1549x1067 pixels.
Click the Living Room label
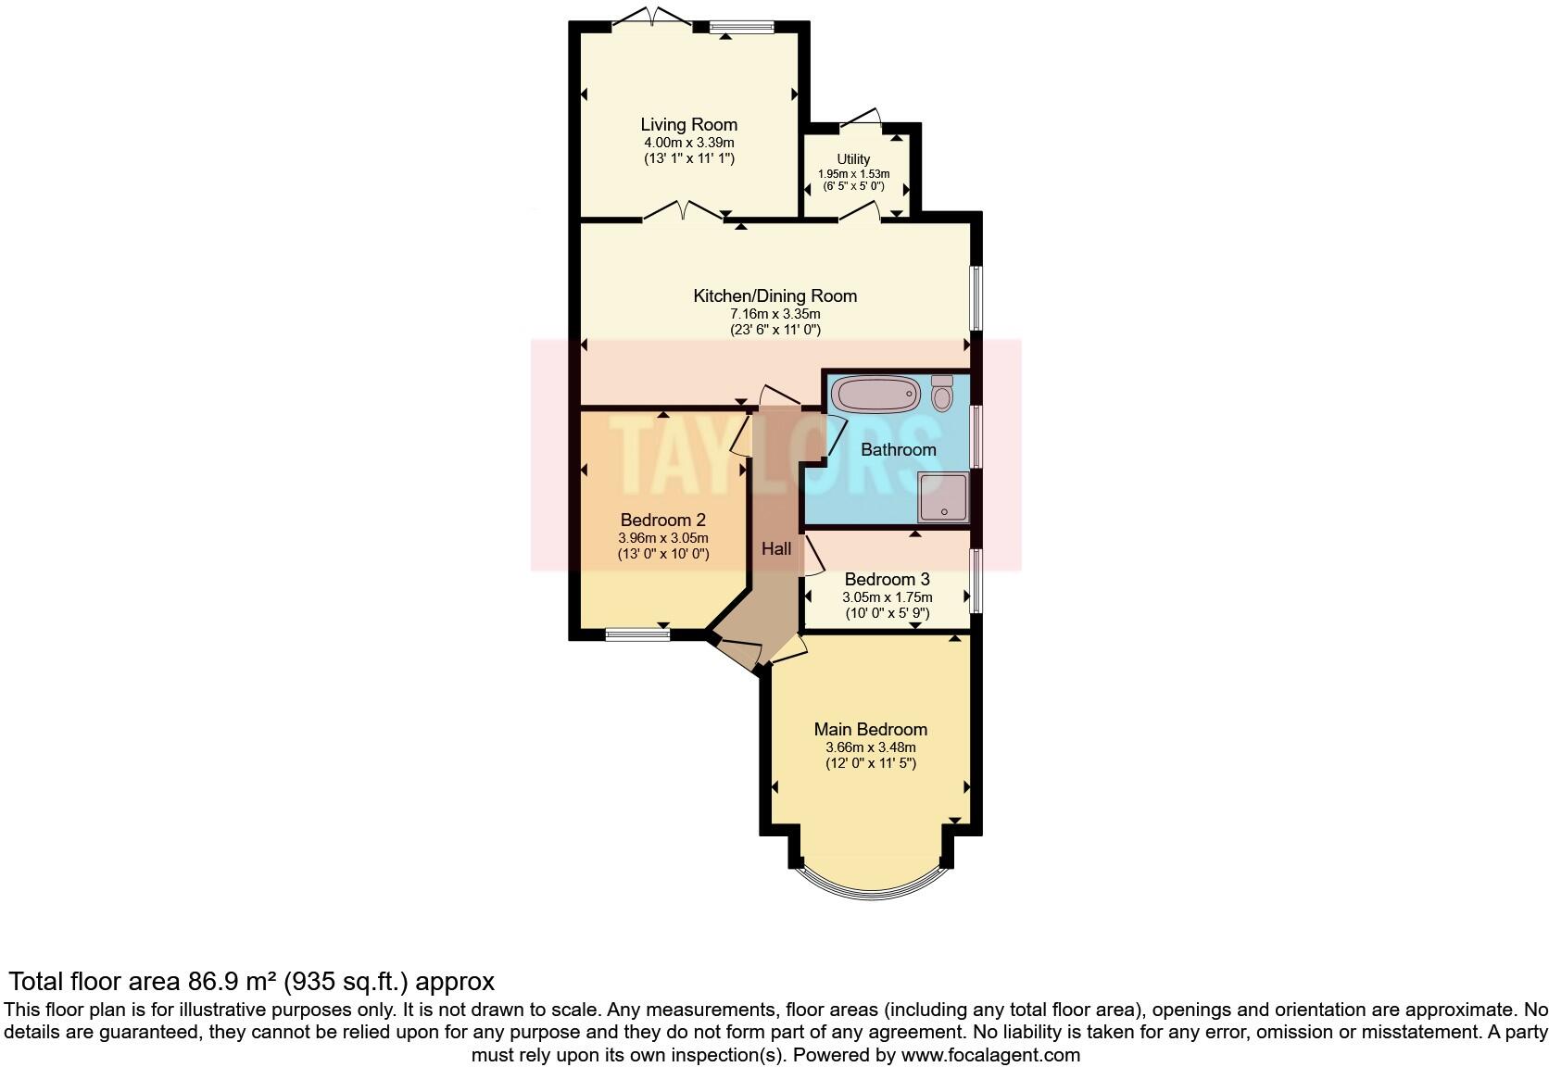click(x=688, y=124)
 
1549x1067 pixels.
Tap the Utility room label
click(x=853, y=159)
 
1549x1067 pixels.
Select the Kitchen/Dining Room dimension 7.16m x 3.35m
click(x=774, y=314)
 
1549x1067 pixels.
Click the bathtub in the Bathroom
click(x=875, y=395)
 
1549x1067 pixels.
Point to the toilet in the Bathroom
click(x=942, y=395)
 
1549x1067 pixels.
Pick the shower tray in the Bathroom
click(x=943, y=497)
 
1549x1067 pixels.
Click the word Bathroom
click(x=898, y=450)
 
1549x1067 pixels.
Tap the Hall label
click(x=776, y=549)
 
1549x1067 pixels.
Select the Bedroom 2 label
click(x=662, y=520)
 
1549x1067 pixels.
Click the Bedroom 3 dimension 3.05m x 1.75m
click(x=887, y=597)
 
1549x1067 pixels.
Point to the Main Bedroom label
click(x=870, y=730)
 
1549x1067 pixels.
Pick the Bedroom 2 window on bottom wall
click(x=637, y=635)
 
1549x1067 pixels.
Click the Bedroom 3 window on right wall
click(x=976, y=581)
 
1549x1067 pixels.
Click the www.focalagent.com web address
click(x=990, y=1055)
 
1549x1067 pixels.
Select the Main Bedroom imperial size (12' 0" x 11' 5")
click(x=870, y=764)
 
